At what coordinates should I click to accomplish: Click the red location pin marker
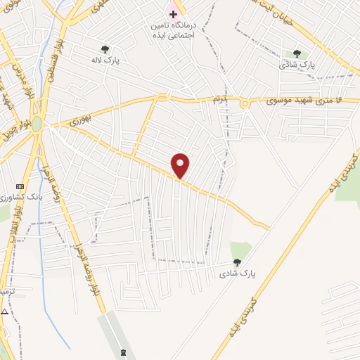[x=181, y=166]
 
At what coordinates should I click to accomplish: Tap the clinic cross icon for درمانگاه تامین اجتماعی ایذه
[x=172, y=14]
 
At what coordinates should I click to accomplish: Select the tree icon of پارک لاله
[x=105, y=49]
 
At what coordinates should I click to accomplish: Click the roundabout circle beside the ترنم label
[x=245, y=103]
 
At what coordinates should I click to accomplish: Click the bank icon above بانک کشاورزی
[x=19, y=186]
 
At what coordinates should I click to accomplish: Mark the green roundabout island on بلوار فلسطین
[x=37, y=124]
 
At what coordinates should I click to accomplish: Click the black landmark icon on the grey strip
[x=124, y=351]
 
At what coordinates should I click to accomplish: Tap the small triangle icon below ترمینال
[x=5, y=311]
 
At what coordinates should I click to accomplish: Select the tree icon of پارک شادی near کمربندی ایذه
[x=236, y=262]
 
